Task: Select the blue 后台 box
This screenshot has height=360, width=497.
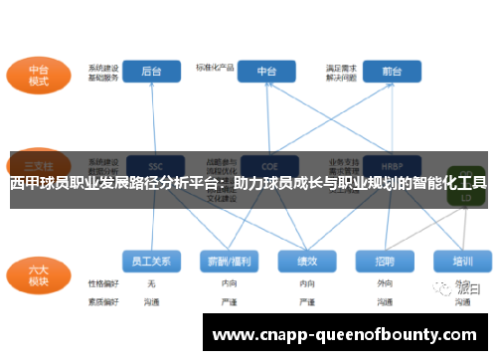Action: click(151, 72)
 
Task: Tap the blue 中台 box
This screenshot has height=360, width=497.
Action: click(266, 72)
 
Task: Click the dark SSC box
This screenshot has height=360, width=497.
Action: click(153, 165)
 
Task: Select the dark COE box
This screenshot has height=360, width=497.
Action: click(266, 165)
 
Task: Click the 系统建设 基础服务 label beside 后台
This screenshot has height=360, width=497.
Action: click(102, 73)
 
